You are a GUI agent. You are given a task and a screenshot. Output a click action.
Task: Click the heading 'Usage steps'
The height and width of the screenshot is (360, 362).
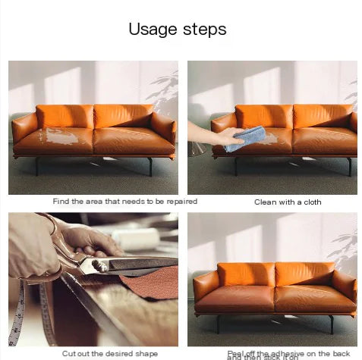[177, 30]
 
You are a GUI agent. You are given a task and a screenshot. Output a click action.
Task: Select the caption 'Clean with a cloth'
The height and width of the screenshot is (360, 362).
[287, 202]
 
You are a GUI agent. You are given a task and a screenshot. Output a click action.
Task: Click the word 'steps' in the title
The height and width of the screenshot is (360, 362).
[203, 30]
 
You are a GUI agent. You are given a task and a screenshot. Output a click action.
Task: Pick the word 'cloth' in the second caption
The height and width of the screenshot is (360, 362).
[310, 202]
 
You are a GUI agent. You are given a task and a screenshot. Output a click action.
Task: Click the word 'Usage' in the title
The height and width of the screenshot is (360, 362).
[152, 30]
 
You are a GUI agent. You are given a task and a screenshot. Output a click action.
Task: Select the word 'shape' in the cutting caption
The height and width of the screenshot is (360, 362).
[146, 353]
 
